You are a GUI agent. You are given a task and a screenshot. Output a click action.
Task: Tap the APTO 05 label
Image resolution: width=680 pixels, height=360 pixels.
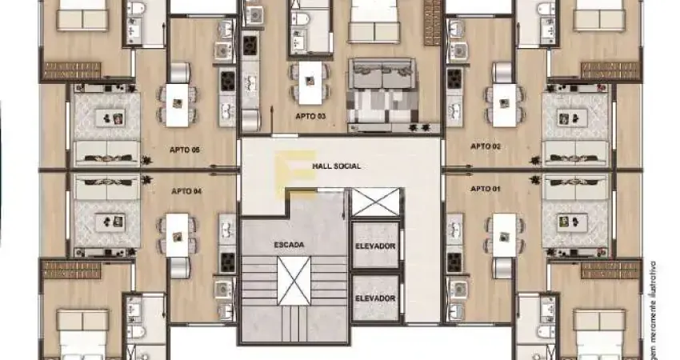click(x=184, y=149)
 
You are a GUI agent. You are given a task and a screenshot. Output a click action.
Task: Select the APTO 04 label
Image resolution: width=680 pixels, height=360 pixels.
click(x=186, y=191)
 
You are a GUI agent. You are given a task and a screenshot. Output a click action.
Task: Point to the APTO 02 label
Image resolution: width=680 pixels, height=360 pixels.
click(x=486, y=146)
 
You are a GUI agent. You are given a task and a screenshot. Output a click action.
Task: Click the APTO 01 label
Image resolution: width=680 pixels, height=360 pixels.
click(x=486, y=189)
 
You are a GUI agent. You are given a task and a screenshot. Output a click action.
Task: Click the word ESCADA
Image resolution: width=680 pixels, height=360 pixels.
click(x=288, y=244)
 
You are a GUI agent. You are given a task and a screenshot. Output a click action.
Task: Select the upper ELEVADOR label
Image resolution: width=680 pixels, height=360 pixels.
click(x=375, y=246)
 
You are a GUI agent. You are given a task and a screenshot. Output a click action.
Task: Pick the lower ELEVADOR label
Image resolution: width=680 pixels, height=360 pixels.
click(x=375, y=298)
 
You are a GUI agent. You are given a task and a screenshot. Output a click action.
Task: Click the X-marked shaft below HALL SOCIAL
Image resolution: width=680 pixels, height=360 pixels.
click(x=375, y=202)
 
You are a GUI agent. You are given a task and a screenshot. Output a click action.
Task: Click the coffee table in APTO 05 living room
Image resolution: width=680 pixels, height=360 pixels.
click(x=107, y=118)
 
